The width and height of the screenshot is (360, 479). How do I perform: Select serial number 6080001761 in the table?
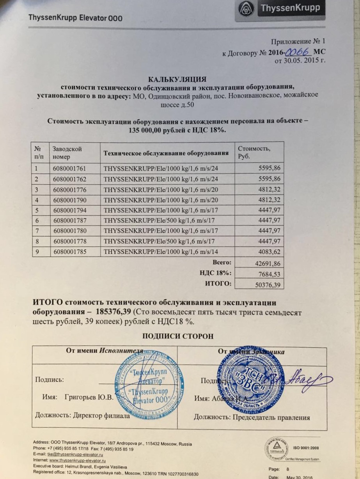[69, 169]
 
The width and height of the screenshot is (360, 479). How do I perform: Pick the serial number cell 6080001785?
[69, 252]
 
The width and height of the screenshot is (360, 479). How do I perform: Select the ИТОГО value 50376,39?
[267, 285]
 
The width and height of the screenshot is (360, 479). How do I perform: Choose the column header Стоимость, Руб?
[254, 152]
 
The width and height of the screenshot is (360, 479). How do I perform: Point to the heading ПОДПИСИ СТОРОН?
[177, 336]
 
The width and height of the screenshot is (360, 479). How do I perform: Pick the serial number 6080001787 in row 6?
[69, 221]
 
